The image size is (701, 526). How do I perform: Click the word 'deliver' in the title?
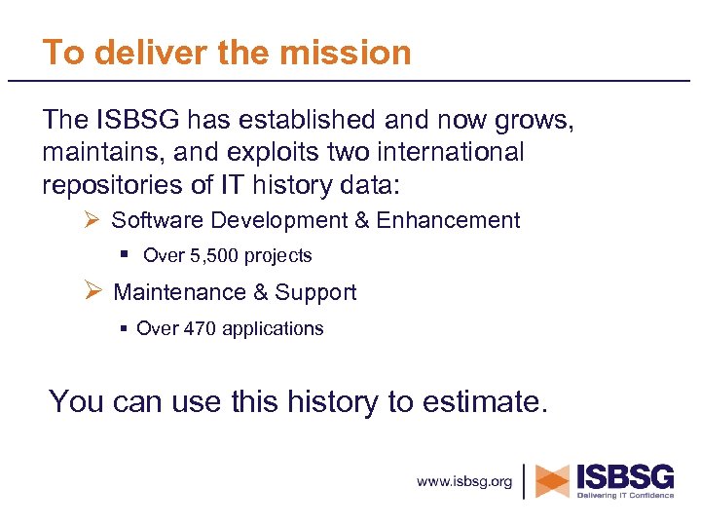tap(133, 53)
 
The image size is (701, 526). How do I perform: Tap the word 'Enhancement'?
tap(448, 220)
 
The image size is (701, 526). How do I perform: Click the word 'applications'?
tap(273, 329)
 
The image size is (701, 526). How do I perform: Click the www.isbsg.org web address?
tap(464, 482)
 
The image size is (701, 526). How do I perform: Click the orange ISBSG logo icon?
tap(552, 481)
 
